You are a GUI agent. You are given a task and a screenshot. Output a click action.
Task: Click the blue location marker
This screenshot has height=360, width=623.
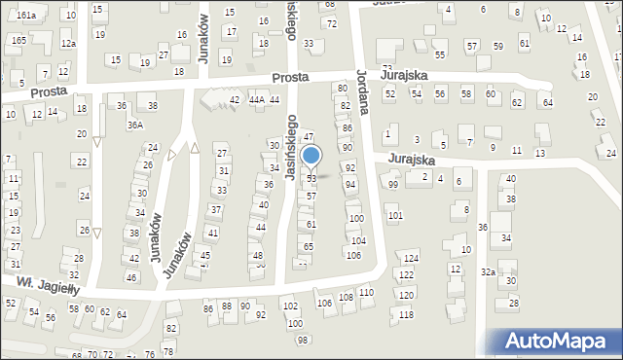[311, 156]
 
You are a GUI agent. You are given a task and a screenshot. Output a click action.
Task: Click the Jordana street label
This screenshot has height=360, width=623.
[362, 91]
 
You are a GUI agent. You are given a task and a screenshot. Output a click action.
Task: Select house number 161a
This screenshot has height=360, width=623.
[26, 16]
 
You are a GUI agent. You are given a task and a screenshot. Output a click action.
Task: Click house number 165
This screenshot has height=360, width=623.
[19, 40]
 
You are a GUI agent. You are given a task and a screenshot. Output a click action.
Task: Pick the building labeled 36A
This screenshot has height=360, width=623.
[134, 125]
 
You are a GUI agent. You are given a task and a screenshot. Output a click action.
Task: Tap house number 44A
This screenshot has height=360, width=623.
[256, 100]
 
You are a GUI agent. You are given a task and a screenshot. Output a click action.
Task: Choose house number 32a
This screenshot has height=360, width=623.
[487, 272]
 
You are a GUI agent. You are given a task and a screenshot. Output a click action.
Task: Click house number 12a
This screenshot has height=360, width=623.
[67, 44]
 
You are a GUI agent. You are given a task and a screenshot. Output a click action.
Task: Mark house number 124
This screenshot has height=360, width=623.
[412, 258]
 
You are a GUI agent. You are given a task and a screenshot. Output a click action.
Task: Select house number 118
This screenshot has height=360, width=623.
[406, 315]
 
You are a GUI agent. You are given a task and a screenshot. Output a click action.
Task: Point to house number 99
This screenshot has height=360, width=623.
[393, 185]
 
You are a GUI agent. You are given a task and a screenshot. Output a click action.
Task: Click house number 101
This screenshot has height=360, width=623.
[394, 215]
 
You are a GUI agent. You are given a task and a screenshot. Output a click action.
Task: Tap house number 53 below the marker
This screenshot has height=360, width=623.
[311, 179]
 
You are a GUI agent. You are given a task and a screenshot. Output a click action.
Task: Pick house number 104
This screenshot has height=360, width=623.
[358, 240]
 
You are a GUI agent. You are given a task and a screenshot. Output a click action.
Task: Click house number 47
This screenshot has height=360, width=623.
[308, 137]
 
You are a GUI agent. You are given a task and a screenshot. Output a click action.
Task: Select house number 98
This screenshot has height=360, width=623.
[303, 340]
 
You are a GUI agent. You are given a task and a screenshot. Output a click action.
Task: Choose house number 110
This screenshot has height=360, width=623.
[366, 293]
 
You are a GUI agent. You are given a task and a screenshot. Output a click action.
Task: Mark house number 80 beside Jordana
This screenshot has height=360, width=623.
[342, 89]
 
